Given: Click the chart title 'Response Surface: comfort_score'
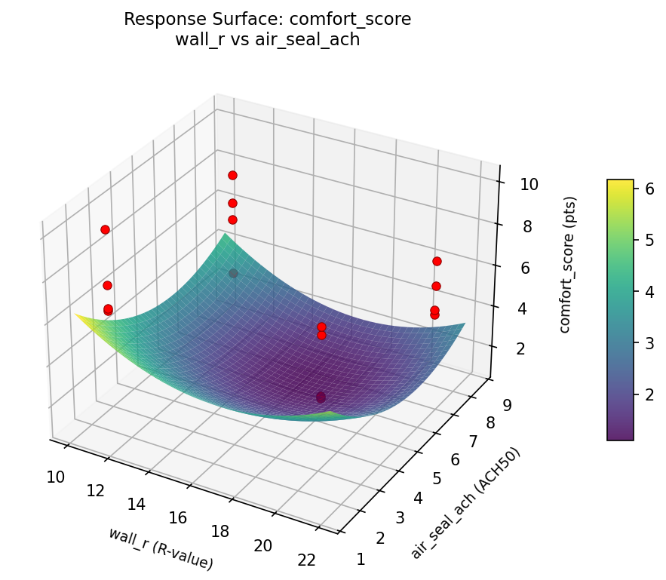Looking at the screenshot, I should [x=267, y=20].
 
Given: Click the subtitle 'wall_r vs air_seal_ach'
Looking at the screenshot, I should [x=267, y=40].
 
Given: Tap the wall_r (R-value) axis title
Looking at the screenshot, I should [x=161, y=548].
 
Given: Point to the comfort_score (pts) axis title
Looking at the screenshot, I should [x=571, y=265].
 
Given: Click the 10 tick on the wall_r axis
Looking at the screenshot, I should [x=55, y=476].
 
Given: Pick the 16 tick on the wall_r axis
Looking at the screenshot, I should [x=178, y=517].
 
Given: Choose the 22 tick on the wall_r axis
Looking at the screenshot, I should [x=306, y=560].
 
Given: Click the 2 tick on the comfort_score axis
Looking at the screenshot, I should [x=513, y=348].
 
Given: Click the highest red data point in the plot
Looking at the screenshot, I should [x=232, y=175].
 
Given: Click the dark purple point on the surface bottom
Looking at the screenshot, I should [x=321, y=397].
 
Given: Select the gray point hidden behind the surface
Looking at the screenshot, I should [x=233, y=273].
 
